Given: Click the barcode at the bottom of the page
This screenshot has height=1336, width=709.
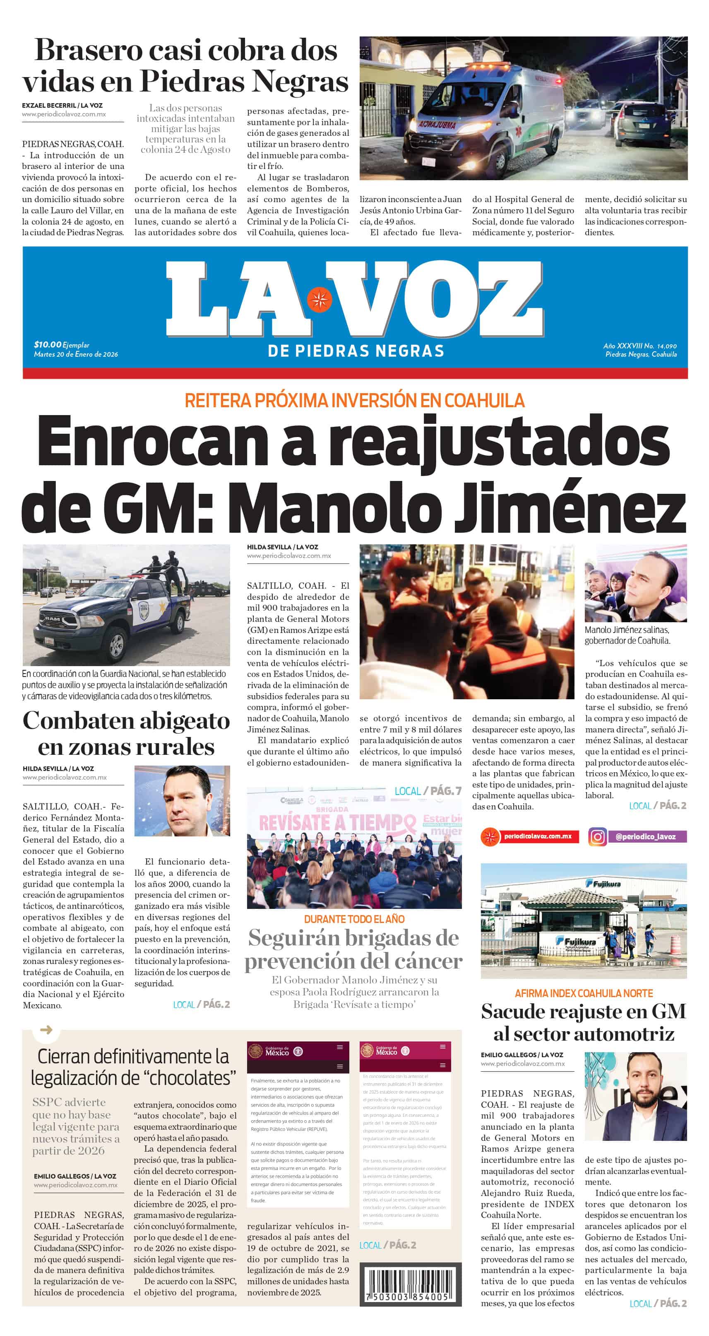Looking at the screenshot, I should tap(406, 1285).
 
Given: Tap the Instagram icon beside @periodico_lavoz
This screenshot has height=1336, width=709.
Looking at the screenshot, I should tap(597, 836).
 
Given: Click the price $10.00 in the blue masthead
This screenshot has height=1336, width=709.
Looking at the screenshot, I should tap(47, 344).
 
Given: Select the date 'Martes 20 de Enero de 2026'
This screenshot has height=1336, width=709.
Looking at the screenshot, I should tap(76, 354).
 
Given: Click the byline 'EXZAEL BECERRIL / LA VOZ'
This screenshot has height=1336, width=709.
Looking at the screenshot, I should tap(62, 105).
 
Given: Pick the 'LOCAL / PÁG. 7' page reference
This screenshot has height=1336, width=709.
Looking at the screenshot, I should tap(428, 791).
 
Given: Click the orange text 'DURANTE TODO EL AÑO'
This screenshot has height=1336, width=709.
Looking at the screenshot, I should tap(354, 919).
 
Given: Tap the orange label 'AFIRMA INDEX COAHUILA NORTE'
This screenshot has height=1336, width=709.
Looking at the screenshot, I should tap(584, 993).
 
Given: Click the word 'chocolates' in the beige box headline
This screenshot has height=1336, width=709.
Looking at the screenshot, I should tap(189, 1078).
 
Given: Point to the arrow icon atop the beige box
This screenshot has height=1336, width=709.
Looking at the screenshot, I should tap(46, 1029).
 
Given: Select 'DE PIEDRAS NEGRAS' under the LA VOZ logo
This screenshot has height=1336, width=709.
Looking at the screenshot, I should tap(356, 351).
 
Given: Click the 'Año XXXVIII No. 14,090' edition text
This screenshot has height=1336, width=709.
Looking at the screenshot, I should tap(639, 346).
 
